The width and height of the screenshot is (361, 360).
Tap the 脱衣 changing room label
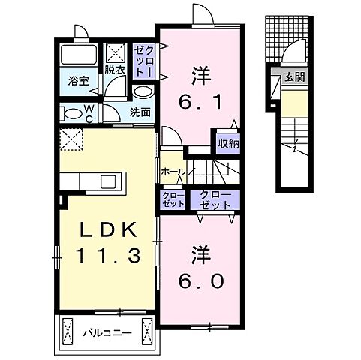pyautogui.click(x=114, y=70)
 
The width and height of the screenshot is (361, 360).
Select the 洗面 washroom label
pyautogui.click(x=140, y=112)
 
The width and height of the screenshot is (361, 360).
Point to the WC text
pyautogui.click(x=89, y=113)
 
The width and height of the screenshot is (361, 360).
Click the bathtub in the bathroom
pyautogui.click(x=78, y=55)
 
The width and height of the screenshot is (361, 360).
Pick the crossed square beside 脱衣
pyautogui.click(x=116, y=53)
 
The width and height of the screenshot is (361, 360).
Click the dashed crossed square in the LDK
pyautogui.click(x=72, y=139)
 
